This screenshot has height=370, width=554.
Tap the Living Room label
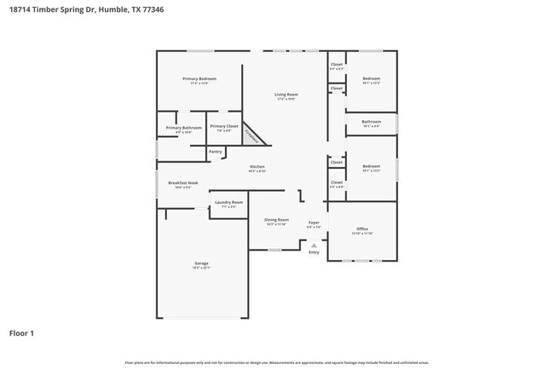pos(286,94)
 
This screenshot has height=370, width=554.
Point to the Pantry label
pos(215,152)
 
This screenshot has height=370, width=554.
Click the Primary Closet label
pos(223,126)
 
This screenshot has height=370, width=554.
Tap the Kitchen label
pos(257,166)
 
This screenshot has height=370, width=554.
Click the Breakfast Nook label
pos(182,182)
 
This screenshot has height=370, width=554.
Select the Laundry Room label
pos(228,202)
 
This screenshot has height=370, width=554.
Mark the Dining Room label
pos(277,220)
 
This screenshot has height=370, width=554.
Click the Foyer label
pos(314,223)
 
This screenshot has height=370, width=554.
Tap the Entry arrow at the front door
pos(314,246)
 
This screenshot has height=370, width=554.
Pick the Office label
pos(362,228)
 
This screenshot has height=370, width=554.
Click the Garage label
pos(201,263)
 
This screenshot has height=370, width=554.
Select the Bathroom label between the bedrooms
pos(371,122)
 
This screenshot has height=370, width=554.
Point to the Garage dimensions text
pos(201,269)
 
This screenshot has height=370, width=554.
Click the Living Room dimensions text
pos(286,99)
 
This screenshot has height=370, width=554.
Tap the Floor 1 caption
pos(21,333)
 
